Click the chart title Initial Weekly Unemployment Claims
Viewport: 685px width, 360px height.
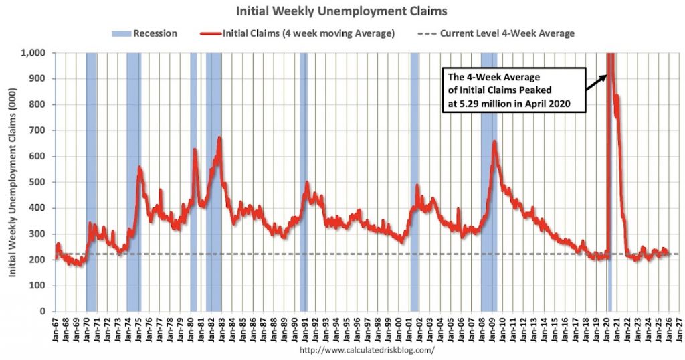pos(341,11)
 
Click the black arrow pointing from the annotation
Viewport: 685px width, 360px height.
pos(594,85)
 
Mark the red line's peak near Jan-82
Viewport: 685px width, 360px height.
pos(219,138)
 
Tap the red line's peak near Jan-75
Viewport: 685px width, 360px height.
pos(139,167)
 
